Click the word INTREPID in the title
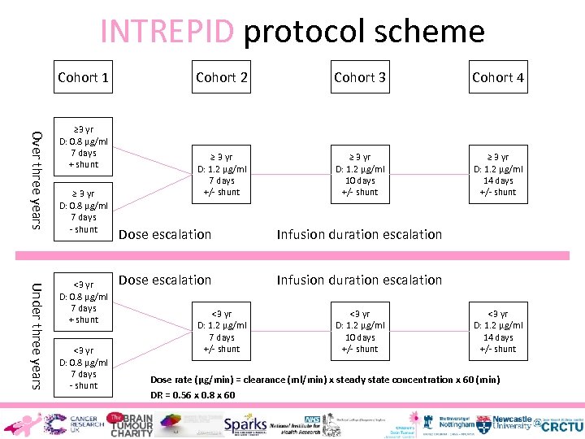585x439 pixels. pos(167,31)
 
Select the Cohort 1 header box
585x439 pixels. pos(84,77)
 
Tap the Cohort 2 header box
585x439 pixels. pos(222,77)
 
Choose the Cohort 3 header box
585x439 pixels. pos(360,77)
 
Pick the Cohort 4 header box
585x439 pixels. pos(498,77)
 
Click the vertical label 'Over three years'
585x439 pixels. pos(36,179)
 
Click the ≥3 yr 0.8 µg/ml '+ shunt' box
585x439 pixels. pos(84,147)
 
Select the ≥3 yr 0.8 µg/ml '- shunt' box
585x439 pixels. pos(84,211)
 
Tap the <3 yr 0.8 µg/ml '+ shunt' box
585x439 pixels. pos(84,302)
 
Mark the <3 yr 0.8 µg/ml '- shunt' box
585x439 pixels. pos(84,368)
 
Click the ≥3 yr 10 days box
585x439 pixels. pos(360,175)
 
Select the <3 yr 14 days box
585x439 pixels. pos(498,332)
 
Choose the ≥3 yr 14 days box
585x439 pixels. pos(498,175)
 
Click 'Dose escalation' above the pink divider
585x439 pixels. pos(165,234)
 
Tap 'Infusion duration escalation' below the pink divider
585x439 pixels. pos(359,280)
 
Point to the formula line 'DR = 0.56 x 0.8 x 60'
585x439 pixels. pos(193,395)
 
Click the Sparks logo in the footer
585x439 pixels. pos(245,424)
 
